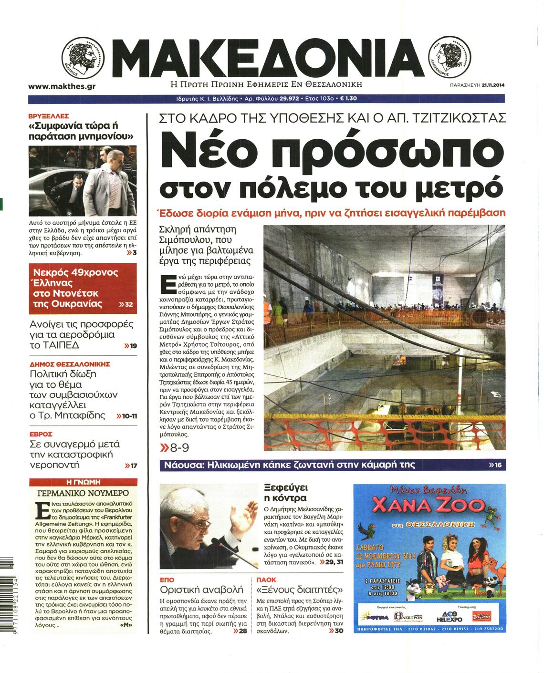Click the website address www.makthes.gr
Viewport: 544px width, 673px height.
[x=62, y=87]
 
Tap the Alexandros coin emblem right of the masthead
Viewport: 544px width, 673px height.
[x=450, y=58]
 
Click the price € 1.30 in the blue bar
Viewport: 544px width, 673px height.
[x=348, y=99]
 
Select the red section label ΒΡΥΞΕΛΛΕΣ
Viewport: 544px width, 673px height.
[x=49, y=116]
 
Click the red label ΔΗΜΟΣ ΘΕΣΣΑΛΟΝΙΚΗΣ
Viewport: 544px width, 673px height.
[x=70, y=364]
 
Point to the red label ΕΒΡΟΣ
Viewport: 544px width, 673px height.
[x=41, y=434]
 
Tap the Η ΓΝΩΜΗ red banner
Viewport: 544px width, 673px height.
[x=83, y=482]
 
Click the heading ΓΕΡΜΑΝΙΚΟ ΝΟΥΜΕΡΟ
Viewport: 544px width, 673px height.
[x=83, y=493]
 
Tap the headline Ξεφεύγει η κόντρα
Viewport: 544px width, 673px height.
[x=286, y=493]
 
